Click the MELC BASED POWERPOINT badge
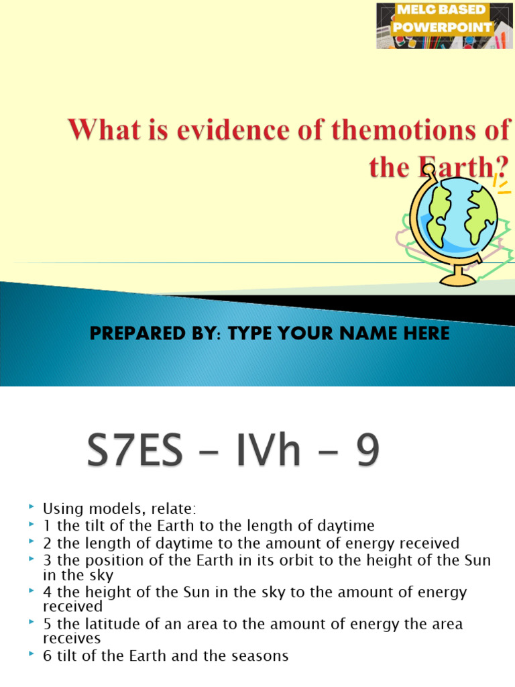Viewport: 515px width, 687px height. tap(445, 25)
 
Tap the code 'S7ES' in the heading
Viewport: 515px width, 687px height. tap(135, 453)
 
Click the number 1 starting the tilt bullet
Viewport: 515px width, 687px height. tap(47, 525)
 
